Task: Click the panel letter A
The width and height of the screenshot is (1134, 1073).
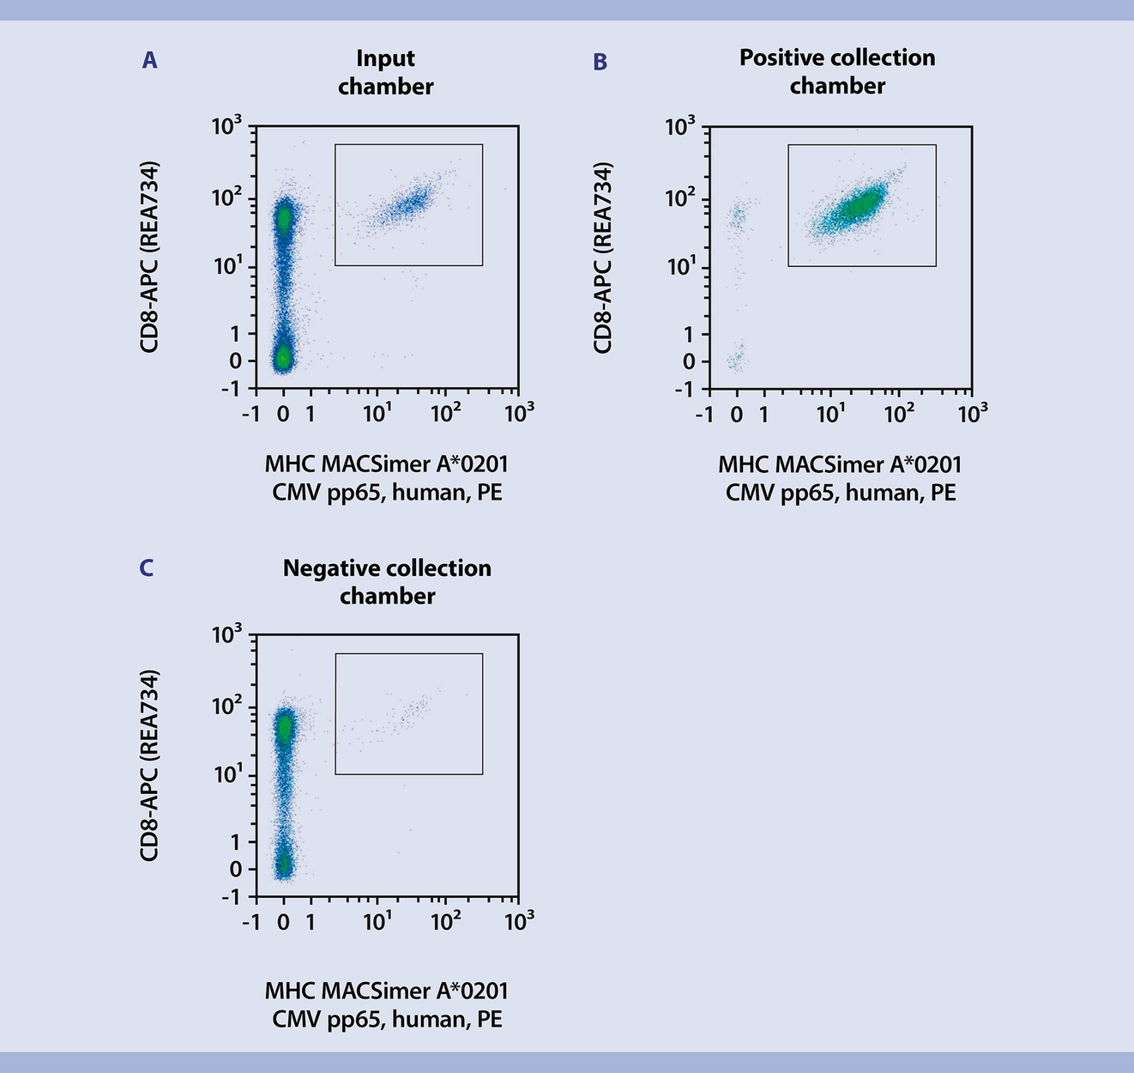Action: point(149,60)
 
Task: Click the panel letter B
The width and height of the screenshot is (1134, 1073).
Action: point(600,62)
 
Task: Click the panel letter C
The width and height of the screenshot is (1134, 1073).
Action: point(147,567)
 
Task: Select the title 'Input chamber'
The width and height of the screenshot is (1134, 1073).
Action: point(385,72)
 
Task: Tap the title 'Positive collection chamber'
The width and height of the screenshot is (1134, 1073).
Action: point(837,71)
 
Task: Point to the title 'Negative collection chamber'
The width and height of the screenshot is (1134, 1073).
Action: point(387,581)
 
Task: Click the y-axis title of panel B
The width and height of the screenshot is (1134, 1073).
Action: point(603,258)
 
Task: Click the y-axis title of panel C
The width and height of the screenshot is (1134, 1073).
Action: point(150,765)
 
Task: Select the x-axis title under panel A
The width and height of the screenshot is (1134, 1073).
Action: point(387,478)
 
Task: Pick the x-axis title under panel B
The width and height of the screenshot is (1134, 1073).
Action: point(840,478)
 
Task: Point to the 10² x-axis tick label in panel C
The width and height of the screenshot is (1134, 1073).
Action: point(444,922)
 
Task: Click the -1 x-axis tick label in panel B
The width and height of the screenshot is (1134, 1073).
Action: point(704,415)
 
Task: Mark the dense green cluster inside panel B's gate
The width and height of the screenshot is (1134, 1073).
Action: point(858,205)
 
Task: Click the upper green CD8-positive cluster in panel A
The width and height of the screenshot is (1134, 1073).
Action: point(284,218)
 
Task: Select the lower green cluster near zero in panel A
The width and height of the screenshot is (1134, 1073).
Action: point(283,357)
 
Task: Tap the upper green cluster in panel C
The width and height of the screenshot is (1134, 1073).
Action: point(284,728)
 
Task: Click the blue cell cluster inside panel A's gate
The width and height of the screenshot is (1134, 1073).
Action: point(409,204)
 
